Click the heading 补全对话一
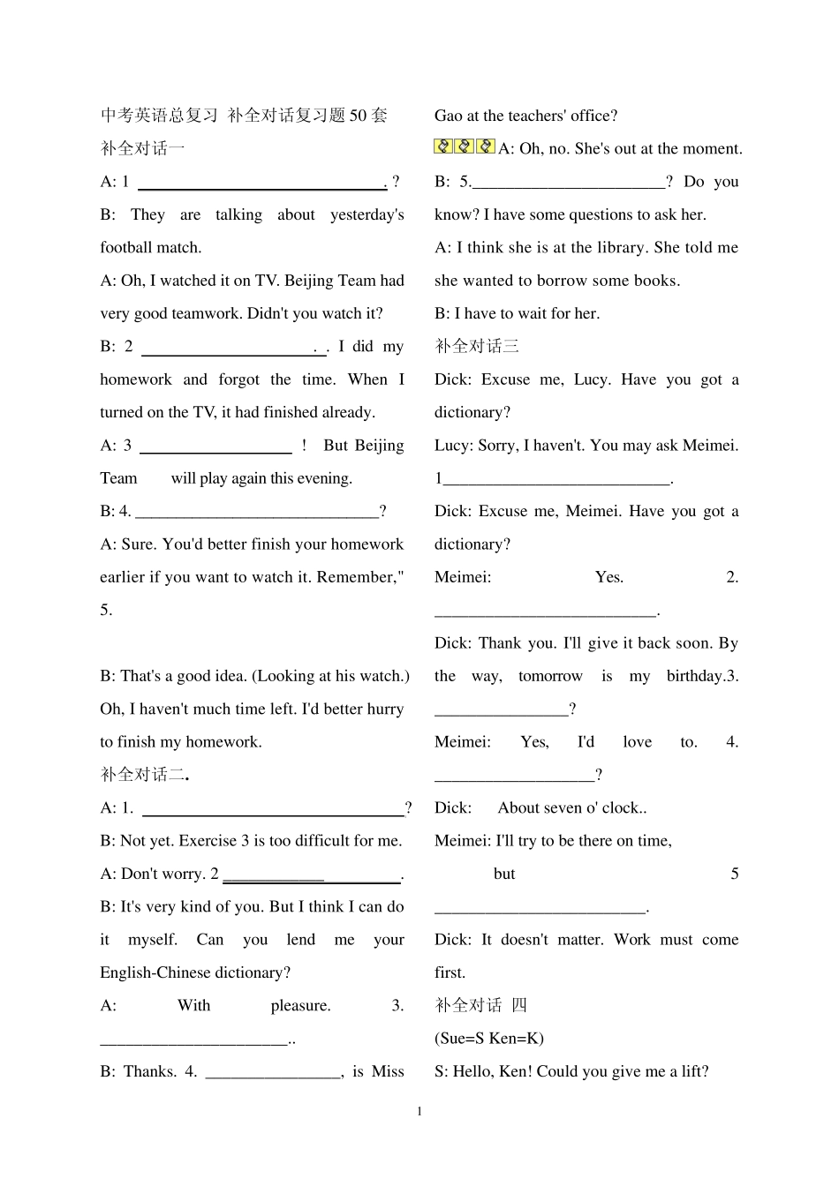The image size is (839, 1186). pyautogui.click(x=142, y=148)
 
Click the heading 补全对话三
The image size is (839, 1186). pyautogui.click(x=477, y=346)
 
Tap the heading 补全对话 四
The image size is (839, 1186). pyautogui.click(x=480, y=1005)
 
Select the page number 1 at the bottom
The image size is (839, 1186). pyautogui.click(x=419, y=1111)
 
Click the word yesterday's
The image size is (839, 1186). pyautogui.click(x=367, y=214)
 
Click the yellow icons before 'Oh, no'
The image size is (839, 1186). pyautogui.click(x=465, y=147)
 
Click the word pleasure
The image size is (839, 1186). pyautogui.click(x=300, y=1005)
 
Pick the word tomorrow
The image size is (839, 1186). pyautogui.click(x=550, y=676)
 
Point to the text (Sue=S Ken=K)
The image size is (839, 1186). pyautogui.click(x=489, y=1038)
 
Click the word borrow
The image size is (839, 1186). pyautogui.click(x=600, y=281)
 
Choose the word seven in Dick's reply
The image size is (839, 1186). pyautogui.click(x=563, y=807)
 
